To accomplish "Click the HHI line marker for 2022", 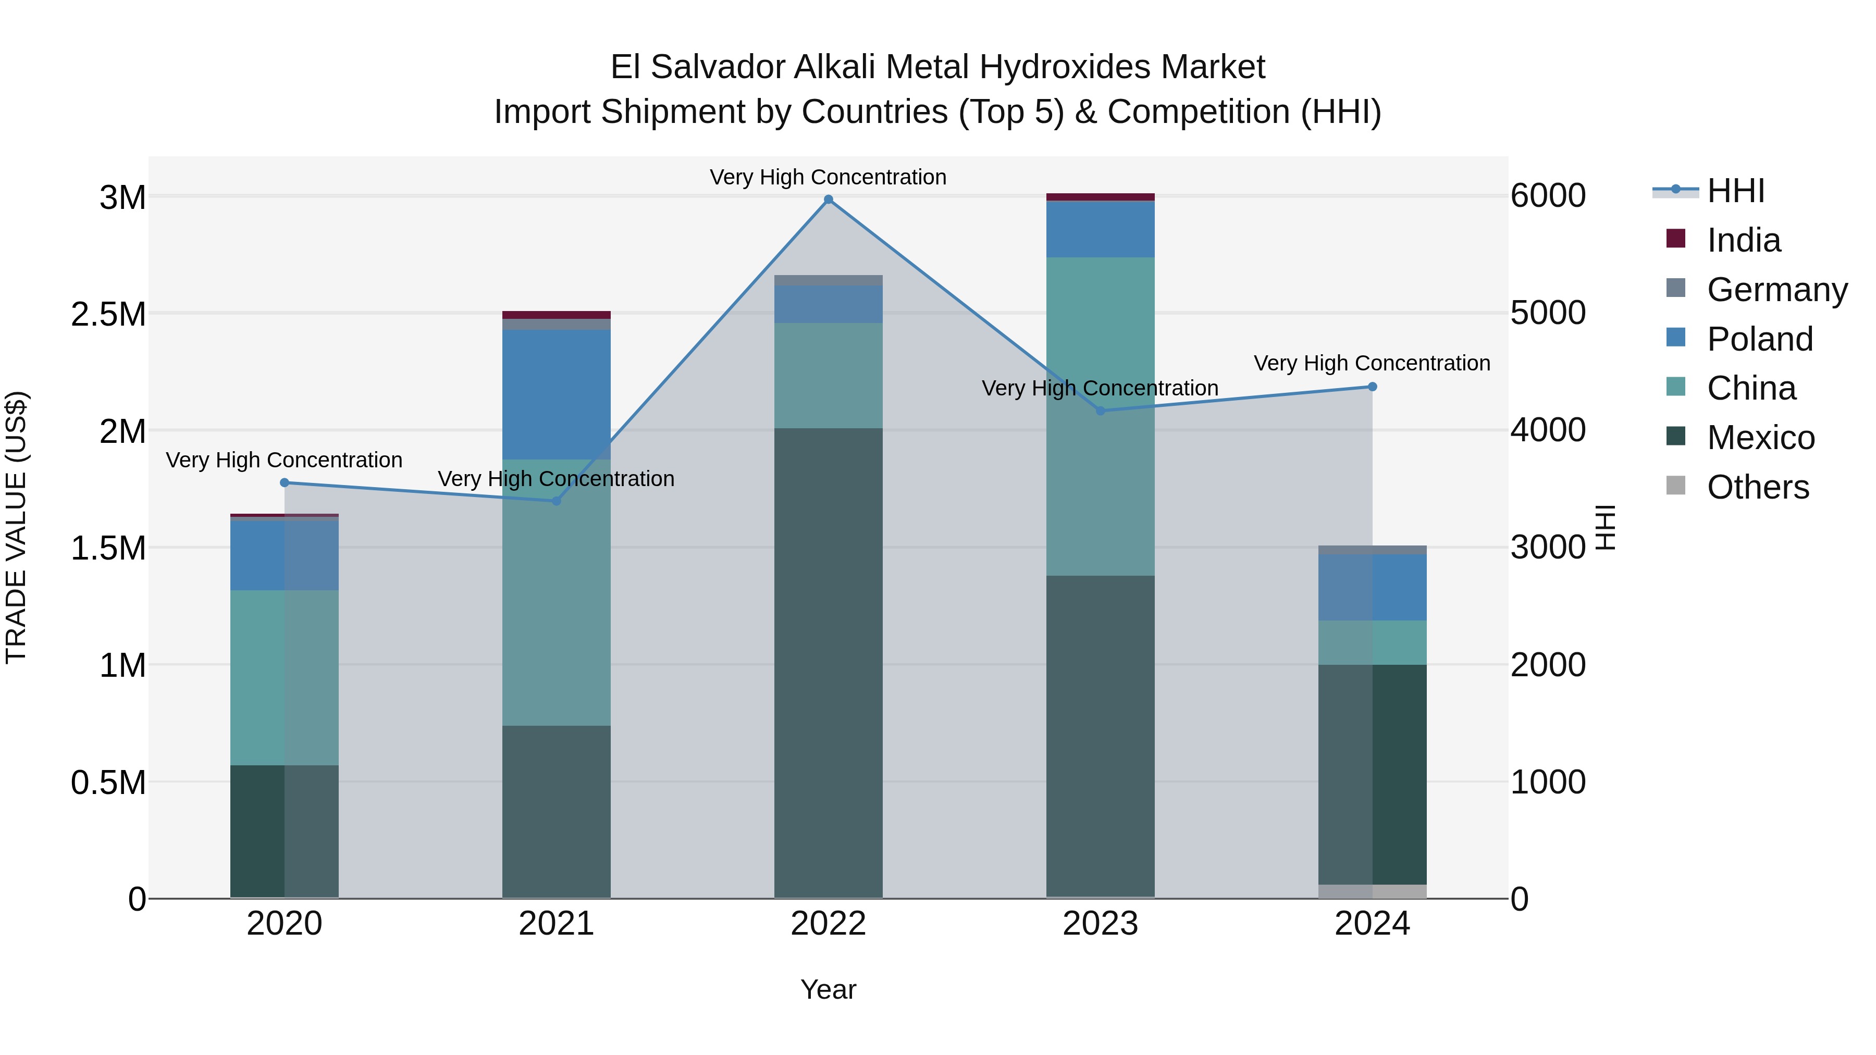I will coord(828,200).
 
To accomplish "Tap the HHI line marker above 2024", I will coord(1372,387).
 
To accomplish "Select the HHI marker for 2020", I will coord(285,483).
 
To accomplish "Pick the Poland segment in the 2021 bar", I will coord(557,394).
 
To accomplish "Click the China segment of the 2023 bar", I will coord(1101,416).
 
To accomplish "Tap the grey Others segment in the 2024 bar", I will coord(1372,891).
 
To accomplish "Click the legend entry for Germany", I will coord(1777,289).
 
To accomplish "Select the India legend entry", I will coord(1744,240).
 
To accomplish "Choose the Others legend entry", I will coord(1757,487).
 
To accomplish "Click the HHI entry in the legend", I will coord(1735,190).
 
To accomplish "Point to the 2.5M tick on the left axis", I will coord(108,314).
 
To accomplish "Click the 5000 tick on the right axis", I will coord(1548,313).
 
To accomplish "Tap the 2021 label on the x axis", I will coord(557,923).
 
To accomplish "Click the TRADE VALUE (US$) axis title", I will coord(16,527).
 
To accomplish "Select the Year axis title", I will coord(828,989).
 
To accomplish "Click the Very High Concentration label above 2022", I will coord(828,177).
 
